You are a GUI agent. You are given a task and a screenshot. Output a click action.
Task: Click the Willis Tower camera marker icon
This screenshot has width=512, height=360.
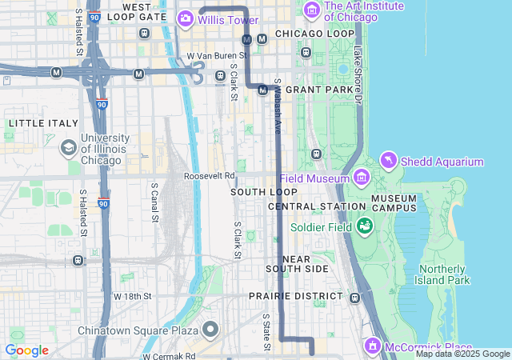click(186, 17)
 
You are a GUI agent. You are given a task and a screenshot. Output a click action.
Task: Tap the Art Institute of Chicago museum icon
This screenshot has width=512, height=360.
click(312, 10)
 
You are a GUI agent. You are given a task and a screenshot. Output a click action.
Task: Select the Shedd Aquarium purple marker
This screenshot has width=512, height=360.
click(389, 161)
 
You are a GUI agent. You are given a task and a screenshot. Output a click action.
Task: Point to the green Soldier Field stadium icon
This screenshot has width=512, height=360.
click(365, 226)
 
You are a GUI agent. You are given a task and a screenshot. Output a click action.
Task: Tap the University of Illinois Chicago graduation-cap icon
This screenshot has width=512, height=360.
click(69, 148)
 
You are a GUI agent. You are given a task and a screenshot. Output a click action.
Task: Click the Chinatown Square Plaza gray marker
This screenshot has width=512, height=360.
click(211, 330)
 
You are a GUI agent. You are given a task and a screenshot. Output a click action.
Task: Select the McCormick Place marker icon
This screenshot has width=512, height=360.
click(372, 346)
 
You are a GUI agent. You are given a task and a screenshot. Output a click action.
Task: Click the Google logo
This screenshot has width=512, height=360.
click(26, 350)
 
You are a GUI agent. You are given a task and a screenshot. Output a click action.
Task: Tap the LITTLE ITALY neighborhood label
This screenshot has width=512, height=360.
click(43, 123)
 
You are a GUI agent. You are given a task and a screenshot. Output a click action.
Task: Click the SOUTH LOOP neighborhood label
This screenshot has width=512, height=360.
click(264, 192)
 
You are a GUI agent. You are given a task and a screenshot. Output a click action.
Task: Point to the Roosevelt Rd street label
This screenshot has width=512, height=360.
click(210, 175)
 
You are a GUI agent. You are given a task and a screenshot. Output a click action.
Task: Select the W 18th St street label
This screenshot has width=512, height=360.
click(132, 296)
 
